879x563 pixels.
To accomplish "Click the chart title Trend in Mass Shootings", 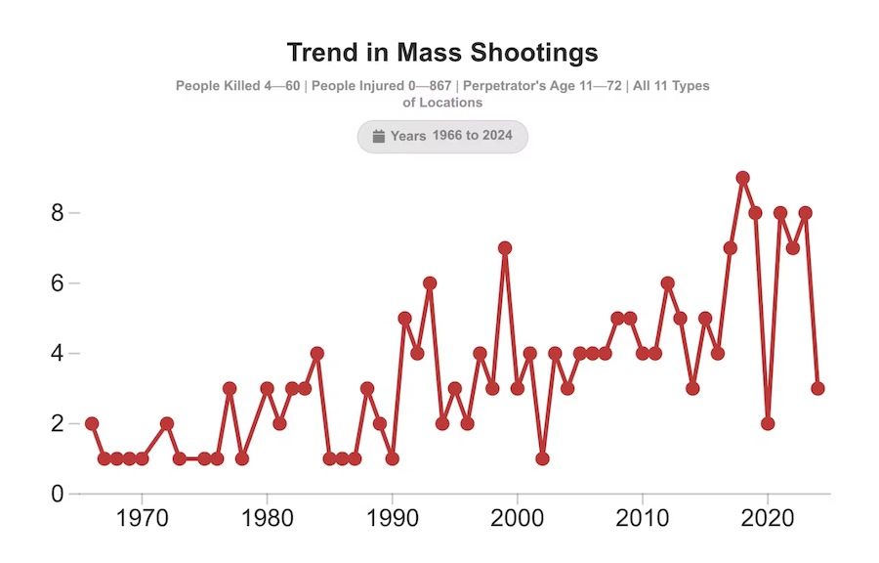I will pos(442,52).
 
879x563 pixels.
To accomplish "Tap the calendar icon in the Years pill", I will pos(378,136).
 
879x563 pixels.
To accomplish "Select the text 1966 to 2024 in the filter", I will pos(472,136).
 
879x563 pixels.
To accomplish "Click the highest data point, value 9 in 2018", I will pos(742,178).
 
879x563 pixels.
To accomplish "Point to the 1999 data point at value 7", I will pos(505,248).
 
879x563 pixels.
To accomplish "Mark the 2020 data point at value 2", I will pos(768,423).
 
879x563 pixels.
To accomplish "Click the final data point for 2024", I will pos(817,388).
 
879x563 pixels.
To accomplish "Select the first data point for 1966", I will pos(92,423).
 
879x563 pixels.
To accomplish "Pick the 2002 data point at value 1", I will pos(542,458).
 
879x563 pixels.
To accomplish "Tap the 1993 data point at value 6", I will pos(430,283).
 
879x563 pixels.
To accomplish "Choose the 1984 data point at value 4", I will pos(316,353).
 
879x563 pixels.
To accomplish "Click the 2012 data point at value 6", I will pos(667,283).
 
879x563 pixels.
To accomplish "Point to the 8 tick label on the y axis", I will pos(58,213).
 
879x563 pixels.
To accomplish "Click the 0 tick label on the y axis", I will pos(58,495).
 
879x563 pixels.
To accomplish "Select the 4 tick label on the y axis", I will pos(58,354).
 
